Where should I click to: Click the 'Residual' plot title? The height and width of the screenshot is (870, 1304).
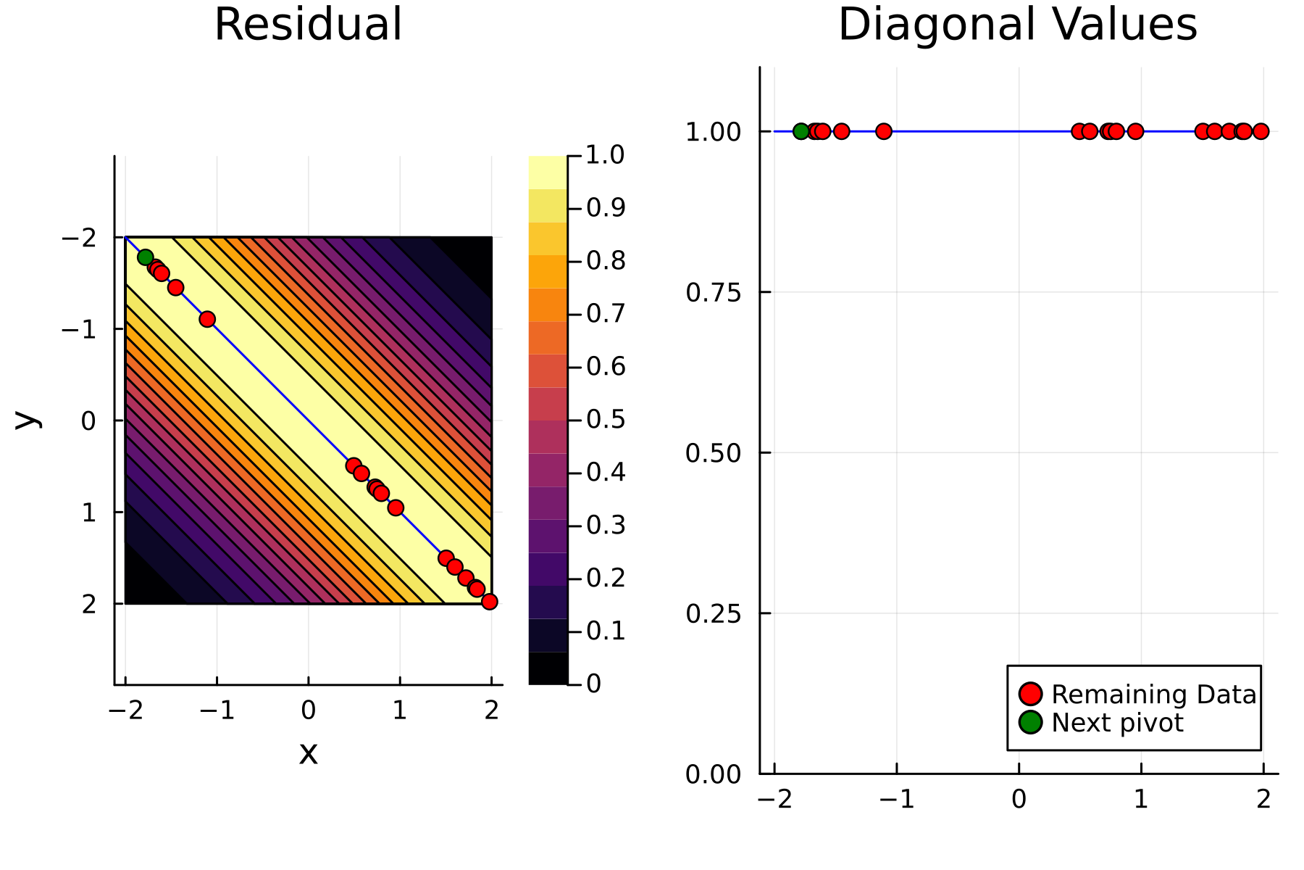(x=308, y=25)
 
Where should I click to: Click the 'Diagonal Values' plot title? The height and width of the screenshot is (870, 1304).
(x=1017, y=25)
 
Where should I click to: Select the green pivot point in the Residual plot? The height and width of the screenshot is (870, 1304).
(x=145, y=257)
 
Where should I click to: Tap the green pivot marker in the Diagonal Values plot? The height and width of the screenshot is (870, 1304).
(x=801, y=131)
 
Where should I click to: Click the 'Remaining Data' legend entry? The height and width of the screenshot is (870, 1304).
(x=1153, y=694)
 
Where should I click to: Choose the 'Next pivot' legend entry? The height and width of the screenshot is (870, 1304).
(x=1117, y=722)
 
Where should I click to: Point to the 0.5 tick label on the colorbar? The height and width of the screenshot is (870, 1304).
(x=606, y=419)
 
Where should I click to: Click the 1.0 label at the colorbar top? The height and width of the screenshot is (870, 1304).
(x=606, y=154)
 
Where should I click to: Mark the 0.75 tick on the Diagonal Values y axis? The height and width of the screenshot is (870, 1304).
(x=713, y=292)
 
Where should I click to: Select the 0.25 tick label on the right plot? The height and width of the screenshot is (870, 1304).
(x=713, y=613)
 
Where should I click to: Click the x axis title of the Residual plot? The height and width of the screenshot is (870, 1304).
(x=309, y=753)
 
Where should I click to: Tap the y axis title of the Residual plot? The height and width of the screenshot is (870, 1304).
(x=27, y=419)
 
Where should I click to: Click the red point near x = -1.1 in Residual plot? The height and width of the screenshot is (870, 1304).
(x=207, y=319)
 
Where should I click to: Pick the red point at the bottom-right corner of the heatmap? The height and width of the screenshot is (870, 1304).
(x=490, y=601)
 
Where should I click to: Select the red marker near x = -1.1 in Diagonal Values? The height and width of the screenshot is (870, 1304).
(x=883, y=131)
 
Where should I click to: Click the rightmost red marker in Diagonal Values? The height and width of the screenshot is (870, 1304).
(x=1261, y=131)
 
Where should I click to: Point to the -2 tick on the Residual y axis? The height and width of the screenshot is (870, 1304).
(x=79, y=238)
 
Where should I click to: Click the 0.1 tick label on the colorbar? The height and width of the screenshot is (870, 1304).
(x=606, y=631)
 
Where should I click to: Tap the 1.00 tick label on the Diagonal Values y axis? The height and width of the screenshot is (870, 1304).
(x=713, y=132)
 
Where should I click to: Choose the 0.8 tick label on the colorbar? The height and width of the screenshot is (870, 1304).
(x=606, y=260)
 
